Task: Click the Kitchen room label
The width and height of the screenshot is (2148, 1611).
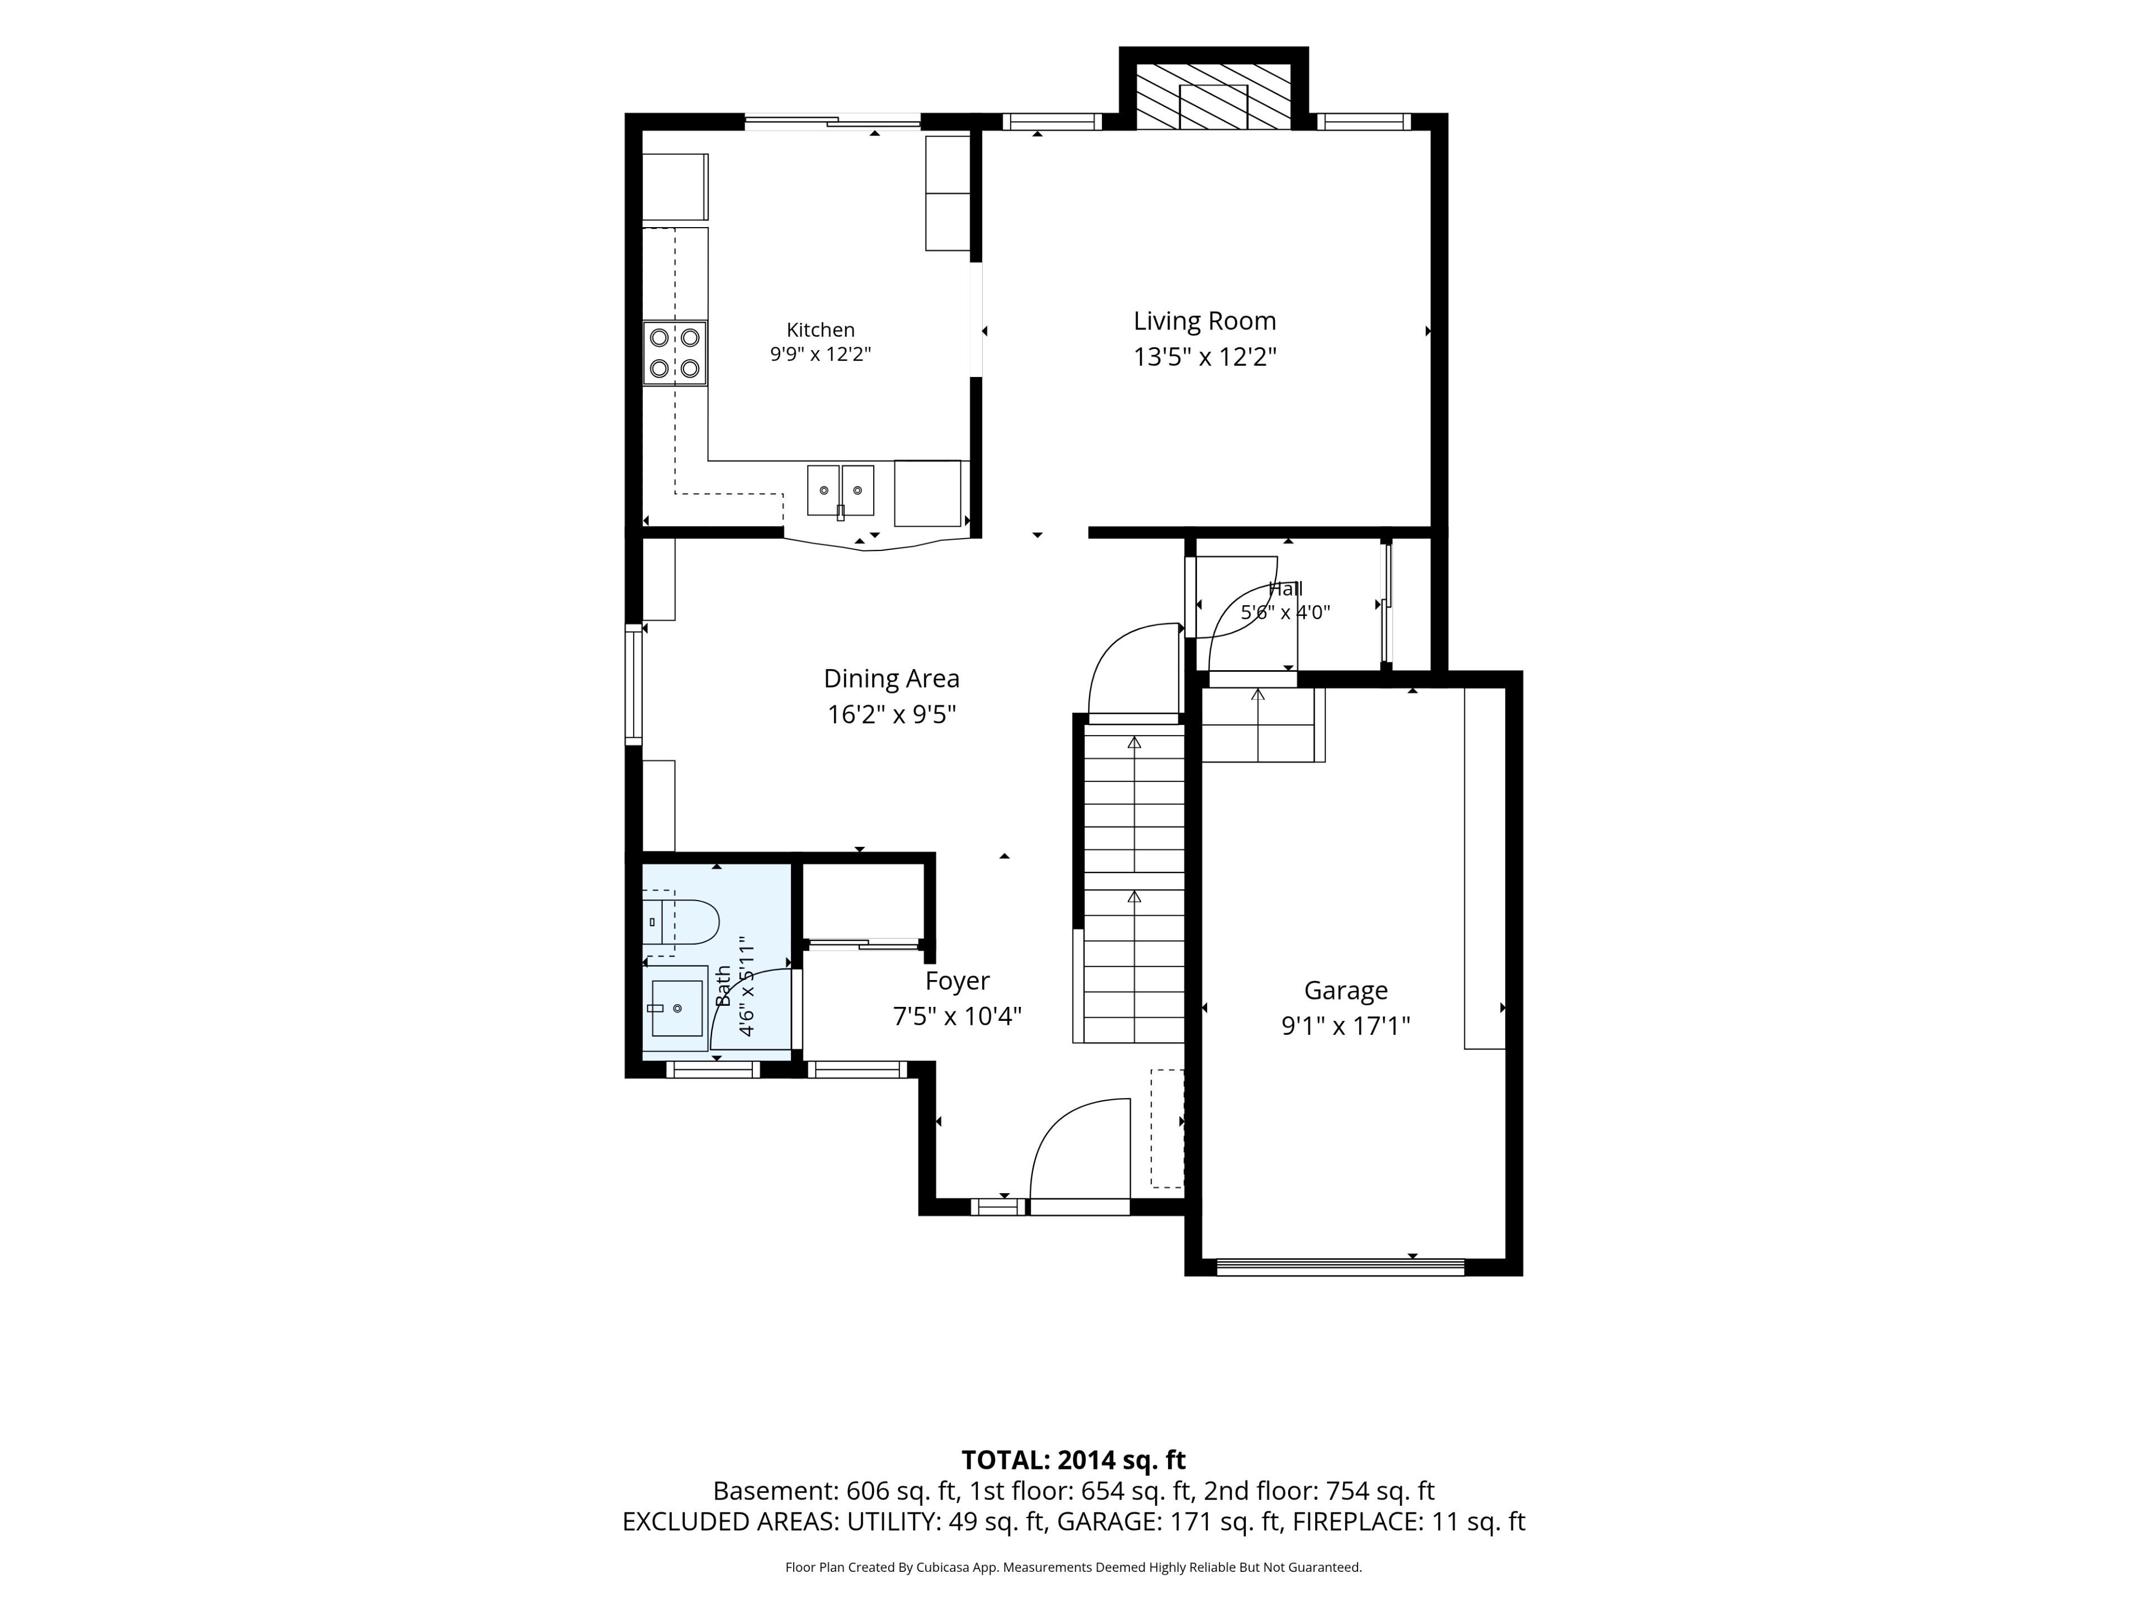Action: [821, 330]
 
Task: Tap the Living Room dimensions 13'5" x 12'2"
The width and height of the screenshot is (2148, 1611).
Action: [1204, 357]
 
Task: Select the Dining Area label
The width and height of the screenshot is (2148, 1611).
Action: [892, 678]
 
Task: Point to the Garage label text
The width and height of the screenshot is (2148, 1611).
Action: [1346, 991]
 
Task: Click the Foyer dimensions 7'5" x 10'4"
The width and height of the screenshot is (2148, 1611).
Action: [958, 1017]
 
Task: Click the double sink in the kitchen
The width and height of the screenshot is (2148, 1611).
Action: [841, 491]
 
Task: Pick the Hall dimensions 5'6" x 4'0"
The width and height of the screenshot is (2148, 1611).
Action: [1285, 613]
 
